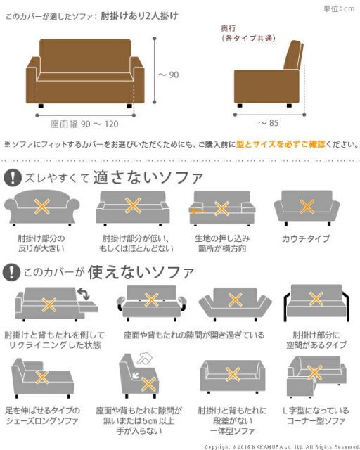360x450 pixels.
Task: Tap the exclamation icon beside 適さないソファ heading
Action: [13, 176]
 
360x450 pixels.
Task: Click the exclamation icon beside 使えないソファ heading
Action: [13, 271]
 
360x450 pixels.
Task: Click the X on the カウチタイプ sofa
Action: [307, 206]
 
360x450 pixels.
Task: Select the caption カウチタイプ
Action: [306, 239]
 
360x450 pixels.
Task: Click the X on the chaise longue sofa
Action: [42, 378]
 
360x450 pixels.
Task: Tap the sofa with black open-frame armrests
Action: [314, 304]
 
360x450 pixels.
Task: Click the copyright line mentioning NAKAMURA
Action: [281, 446]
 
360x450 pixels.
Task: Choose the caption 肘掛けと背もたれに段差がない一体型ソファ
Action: [225, 419]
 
